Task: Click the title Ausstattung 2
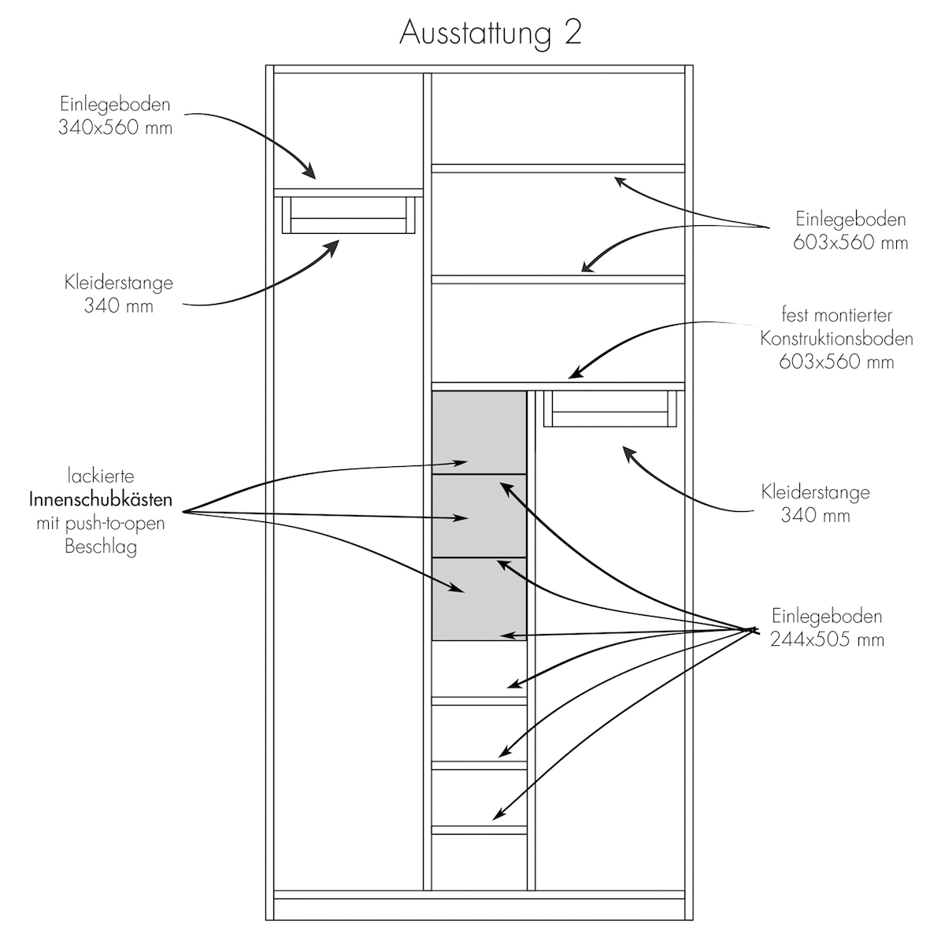(490, 33)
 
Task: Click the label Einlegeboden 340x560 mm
(115, 115)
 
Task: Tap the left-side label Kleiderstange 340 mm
(118, 294)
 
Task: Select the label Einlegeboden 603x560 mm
(850, 231)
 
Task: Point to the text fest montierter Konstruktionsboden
(836, 339)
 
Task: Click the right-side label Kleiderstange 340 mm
(816, 504)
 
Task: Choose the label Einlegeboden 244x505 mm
(827, 628)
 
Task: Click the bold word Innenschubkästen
(100, 500)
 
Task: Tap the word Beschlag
(101, 547)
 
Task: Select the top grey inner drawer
(479, 432)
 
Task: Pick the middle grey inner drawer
(479, 516)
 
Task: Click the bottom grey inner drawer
(479, 599)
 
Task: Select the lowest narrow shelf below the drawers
(479, 829)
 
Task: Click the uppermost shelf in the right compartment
(558, 168)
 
